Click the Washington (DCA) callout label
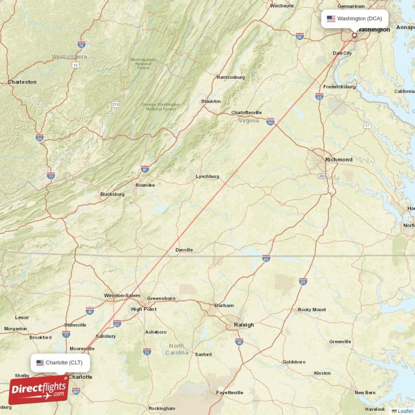coord(354,19)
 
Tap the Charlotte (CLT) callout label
coord(60,362)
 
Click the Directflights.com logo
coord(38,390)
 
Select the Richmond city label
coord(339,159)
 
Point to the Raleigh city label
coord(244,325)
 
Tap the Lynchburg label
coord(208,176)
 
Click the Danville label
coord(184,250)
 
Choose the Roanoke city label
coord(145,185)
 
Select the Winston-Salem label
coord(122,296)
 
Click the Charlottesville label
coord(246,113)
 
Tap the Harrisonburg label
coord(230,77)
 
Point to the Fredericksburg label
coord(339,87)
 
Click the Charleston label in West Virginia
coord(22,82)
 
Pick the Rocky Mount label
coord(312,310)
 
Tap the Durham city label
coord(224,306)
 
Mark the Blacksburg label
coord(113,195)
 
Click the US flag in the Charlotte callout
coord(40,362)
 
